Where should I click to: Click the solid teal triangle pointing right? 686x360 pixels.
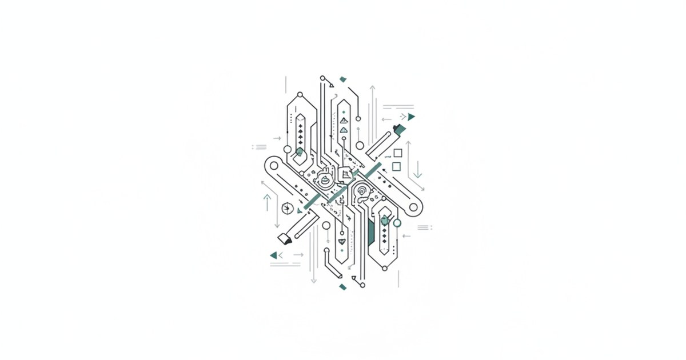411,117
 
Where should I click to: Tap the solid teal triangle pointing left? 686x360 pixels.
273,255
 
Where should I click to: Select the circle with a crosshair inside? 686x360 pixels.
288,207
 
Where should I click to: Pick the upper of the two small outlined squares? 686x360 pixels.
398,153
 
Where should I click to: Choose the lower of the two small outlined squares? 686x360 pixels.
396,166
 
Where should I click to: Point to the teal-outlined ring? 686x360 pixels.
397,223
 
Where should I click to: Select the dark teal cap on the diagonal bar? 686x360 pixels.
400,127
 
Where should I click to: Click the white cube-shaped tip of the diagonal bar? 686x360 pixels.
282,237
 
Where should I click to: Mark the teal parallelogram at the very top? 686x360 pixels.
343,79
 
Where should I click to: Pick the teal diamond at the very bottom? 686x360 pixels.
342,286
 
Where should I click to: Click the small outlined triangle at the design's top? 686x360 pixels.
331,85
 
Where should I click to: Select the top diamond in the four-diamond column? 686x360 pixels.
301,118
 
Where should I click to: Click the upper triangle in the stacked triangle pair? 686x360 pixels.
343,121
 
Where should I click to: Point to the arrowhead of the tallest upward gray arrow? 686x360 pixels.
372,88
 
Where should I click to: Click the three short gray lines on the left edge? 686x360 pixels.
260,147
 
